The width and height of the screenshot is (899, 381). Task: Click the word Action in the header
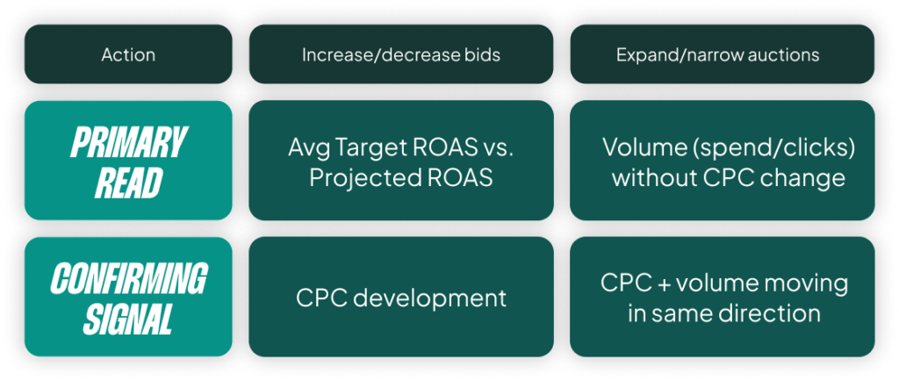click(128, 54)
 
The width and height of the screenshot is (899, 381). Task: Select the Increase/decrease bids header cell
click(401, 54)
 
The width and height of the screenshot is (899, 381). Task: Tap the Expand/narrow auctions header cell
click(722, 54)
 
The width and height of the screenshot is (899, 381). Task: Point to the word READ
click(128, 183)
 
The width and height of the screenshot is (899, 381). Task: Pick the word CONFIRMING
click(128, 279)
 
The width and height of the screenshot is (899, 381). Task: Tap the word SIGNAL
click(128, 320)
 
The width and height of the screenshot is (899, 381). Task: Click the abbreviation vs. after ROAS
click(496, 149)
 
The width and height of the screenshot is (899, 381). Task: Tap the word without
click(652, 177)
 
